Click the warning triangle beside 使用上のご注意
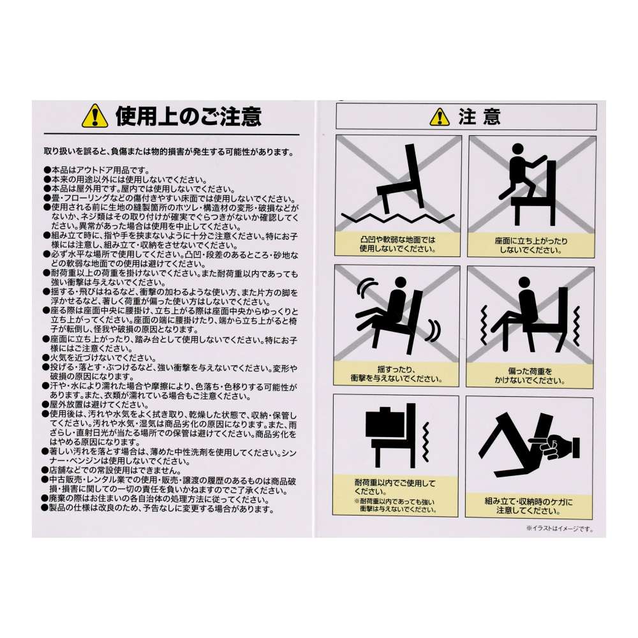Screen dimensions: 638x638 [95, 116]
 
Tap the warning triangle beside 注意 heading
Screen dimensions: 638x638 [440, 117]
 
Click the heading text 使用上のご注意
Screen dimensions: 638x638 [188, 117]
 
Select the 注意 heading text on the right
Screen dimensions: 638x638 [479, 117]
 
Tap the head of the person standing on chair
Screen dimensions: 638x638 [517, 149]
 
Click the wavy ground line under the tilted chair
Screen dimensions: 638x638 [398, 218]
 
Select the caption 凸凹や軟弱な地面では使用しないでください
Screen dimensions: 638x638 [397, 244]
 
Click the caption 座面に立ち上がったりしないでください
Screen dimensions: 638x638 [531, 246]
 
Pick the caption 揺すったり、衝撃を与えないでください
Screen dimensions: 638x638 [396, 374]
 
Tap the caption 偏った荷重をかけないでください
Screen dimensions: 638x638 [530, 376]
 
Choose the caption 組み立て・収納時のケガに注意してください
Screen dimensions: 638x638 [528, 506]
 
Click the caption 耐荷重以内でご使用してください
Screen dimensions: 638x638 [395, 487]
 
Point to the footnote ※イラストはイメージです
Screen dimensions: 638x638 [560, 528]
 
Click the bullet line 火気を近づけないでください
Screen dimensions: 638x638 [100, 358]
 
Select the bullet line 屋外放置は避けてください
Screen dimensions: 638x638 [96, 405]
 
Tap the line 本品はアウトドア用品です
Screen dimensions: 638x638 [97, 170]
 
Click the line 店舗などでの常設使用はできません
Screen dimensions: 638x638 [113, 470]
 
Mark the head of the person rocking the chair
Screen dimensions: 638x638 [401, 282]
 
